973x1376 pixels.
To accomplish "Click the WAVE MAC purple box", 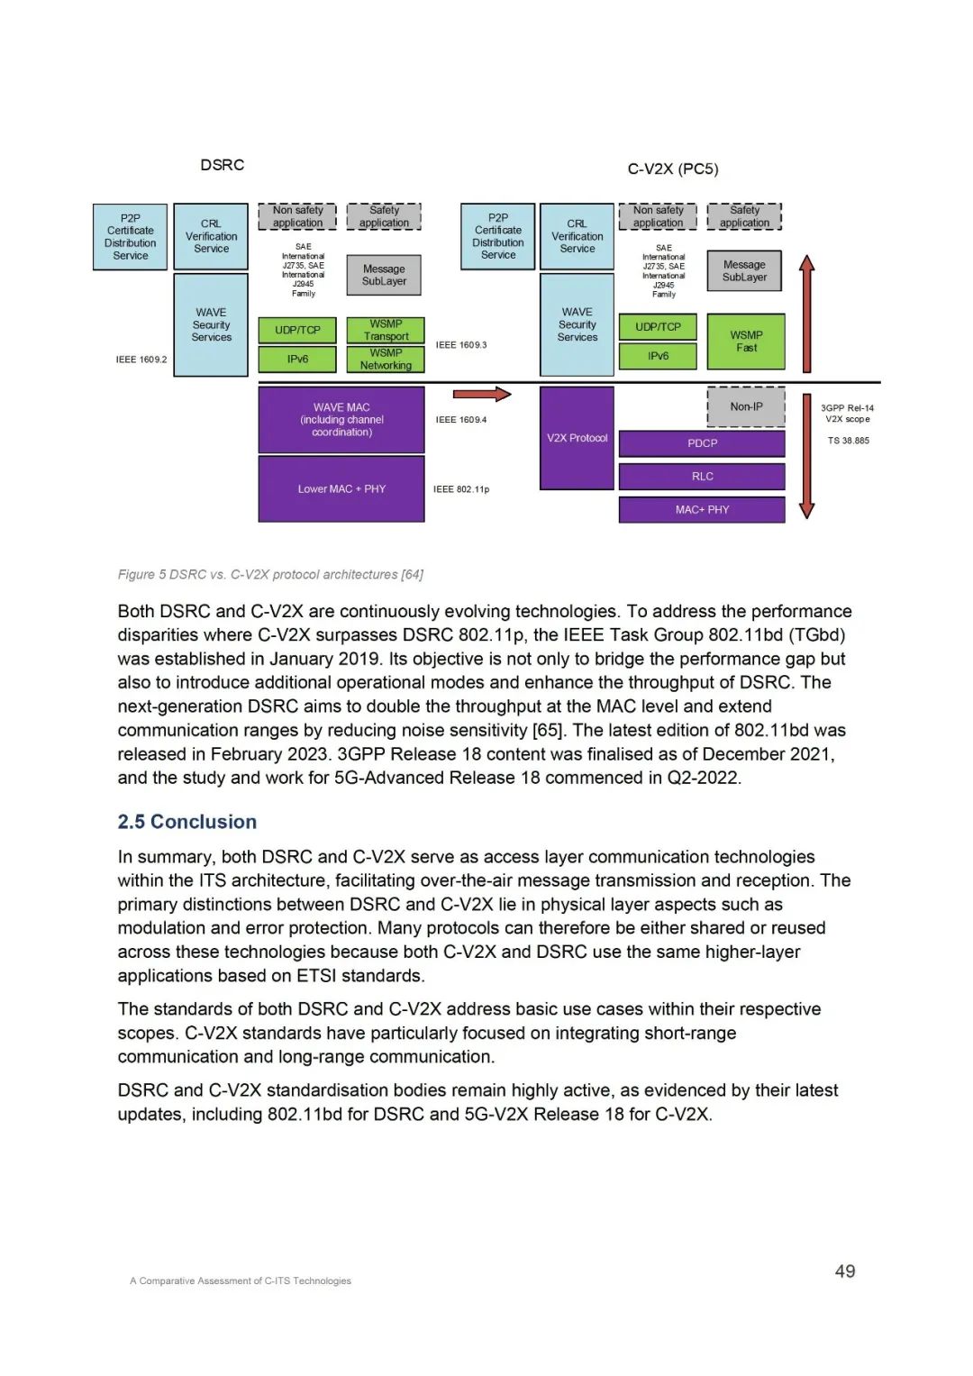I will [x=341, y=420].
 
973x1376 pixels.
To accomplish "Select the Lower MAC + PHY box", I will [x=341, y=489].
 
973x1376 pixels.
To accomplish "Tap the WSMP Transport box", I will [x=386, y=330].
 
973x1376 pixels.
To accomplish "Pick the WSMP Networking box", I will [x=386, y=360].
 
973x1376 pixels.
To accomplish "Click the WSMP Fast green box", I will [x=746, y=342].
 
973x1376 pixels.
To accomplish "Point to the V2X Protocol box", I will [x=577, y=438].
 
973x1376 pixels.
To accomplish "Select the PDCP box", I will [x=702, y=443].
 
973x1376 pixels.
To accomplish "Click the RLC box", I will [x=702, y=477].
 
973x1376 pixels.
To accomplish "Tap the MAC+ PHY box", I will [x=702, y=510].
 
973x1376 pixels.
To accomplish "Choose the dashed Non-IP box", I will [x=746, y=406].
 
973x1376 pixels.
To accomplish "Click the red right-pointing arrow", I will [x=481, y=394].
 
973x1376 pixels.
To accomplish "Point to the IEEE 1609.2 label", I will [x=141, y=360].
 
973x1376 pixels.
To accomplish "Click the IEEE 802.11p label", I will [x=461, y=489].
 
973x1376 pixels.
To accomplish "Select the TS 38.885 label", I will [x=849, y=441].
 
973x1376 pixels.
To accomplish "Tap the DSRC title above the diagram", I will [x=223, y=165].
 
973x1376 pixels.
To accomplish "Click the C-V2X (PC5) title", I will [x=673, y=169].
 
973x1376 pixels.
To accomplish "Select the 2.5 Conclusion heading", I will [x=187, y=822].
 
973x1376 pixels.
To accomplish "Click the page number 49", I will [x=845, y=1271].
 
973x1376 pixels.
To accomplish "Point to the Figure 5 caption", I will [x=270, y=575].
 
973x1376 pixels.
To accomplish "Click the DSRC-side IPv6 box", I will [x=297, y=360].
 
